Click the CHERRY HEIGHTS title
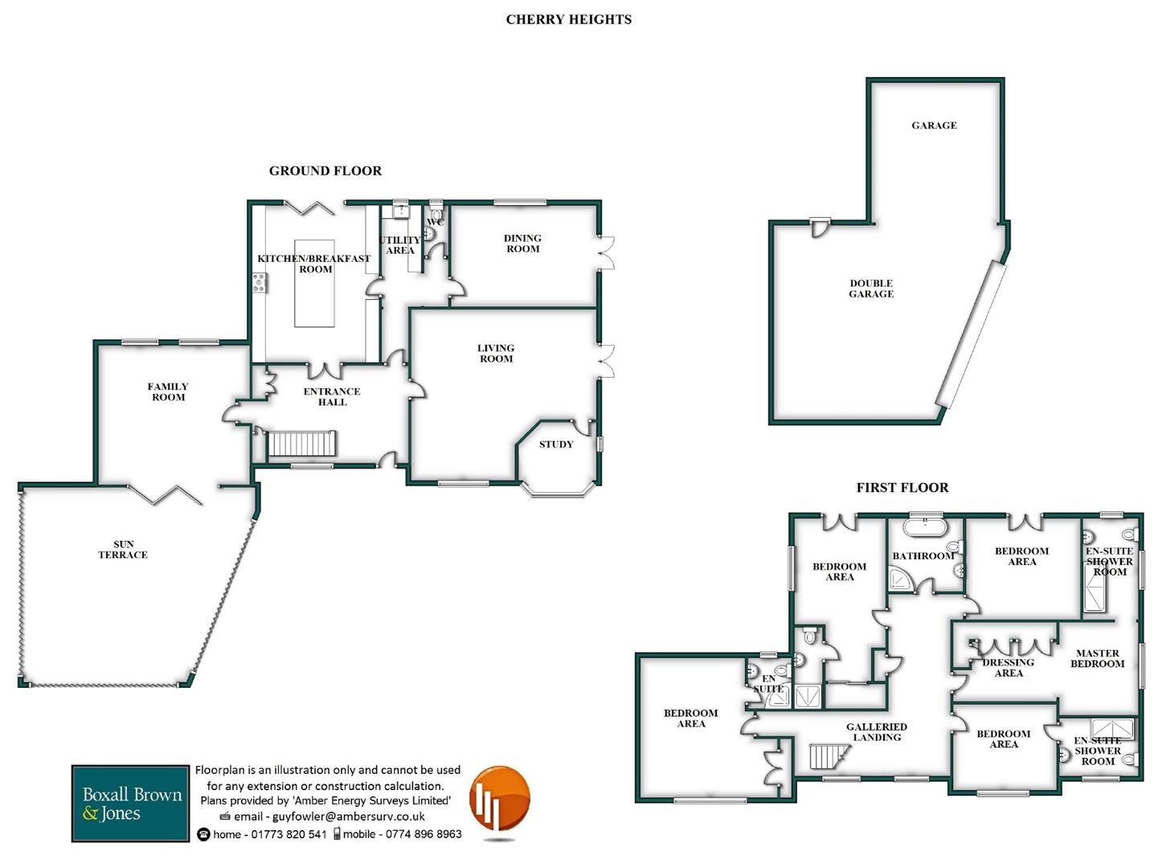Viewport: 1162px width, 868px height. tap(568, 19)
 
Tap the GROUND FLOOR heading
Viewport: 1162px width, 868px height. tap(325, 170)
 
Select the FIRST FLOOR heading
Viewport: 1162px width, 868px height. tap(902, 487)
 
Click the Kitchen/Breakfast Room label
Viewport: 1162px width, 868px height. tap(314, 264)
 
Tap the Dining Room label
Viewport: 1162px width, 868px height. tap(522, 244)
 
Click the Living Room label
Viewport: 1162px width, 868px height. tap(496, 354)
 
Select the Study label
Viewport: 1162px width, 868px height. tap(556, 444)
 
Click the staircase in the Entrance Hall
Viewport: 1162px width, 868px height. tap(301, 444)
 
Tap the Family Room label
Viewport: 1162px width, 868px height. tap(167, 391)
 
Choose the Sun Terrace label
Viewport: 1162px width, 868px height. tap(123, 549)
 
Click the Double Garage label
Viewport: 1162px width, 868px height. tap(871, 289)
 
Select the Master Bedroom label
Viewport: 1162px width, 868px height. tap(1097, 658)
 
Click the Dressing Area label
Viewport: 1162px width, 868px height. tap(1008, 668)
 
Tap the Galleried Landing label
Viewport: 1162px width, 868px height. tap(877, 731)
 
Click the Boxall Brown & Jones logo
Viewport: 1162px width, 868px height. tap(131, 803)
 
